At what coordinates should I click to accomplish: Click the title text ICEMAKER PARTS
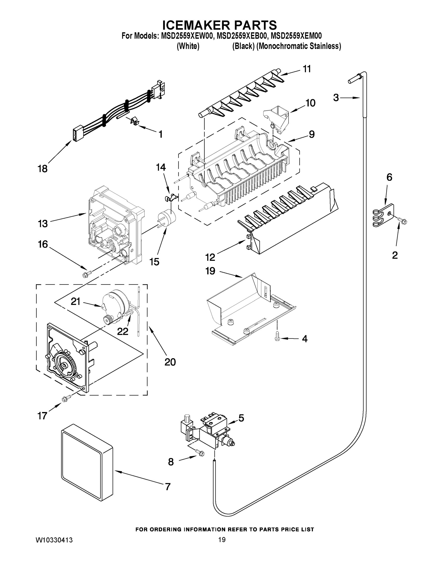point(219,25)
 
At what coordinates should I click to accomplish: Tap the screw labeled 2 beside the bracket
point(402,221)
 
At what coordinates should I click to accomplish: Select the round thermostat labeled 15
point(166,219)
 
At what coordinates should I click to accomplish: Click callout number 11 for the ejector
point(307,69)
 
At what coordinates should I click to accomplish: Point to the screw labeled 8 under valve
point(200,452)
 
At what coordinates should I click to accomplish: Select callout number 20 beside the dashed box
point(170,362)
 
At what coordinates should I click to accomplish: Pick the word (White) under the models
point(188,46)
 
